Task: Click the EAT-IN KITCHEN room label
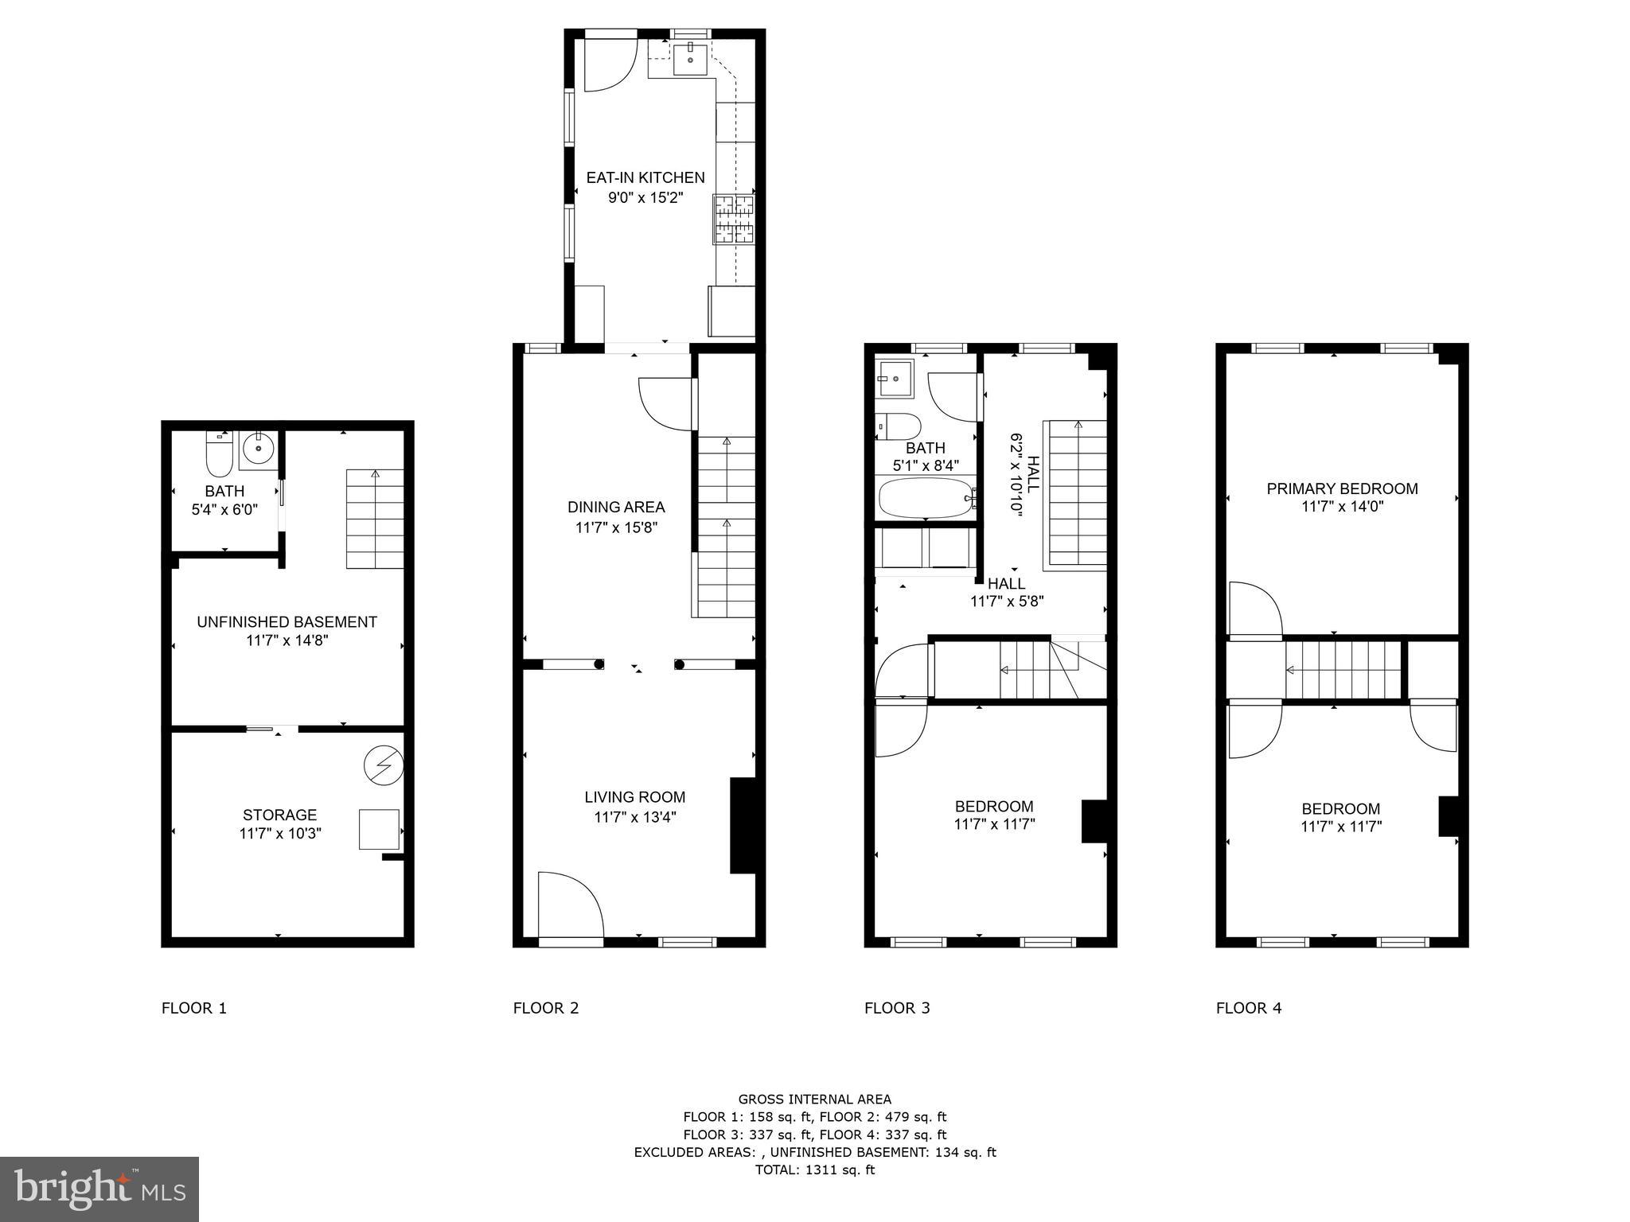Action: (x=645, y=178)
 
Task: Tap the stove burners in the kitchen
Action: (x=734, y=219)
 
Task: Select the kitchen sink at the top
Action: (x=691, y=58)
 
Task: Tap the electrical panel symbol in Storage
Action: (x=384, y=765)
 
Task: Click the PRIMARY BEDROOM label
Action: (x=1342, y=489)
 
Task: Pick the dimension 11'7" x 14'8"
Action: (x=287, y=640)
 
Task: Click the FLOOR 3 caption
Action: (x=897, y=1008)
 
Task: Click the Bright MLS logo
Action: (x=99, y=1189)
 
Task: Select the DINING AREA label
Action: (x=616, y=508)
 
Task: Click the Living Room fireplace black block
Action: (x=742, y=825)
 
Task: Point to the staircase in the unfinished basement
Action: (x=375, y=519)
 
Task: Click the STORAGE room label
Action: (x=279, y=815)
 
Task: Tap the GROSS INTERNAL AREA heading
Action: (x=814, y=1099)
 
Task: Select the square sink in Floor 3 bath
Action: (x=895, y=379)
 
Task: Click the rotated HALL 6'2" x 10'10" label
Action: (x=1024, y=475)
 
